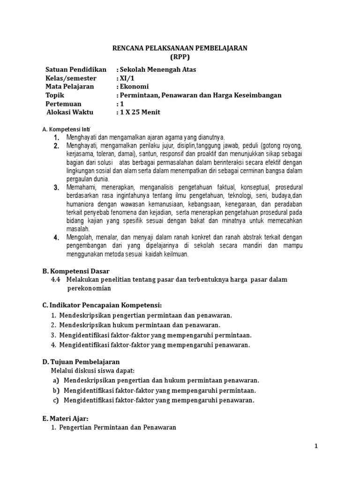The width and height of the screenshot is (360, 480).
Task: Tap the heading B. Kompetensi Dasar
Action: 76,271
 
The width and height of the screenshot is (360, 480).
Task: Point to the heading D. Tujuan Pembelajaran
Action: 81,362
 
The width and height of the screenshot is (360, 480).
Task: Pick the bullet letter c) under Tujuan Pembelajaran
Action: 55,400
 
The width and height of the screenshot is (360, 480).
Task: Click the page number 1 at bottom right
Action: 316,446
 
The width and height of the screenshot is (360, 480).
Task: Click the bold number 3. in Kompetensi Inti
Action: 56,188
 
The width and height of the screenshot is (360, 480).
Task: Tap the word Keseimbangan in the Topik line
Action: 258,95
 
